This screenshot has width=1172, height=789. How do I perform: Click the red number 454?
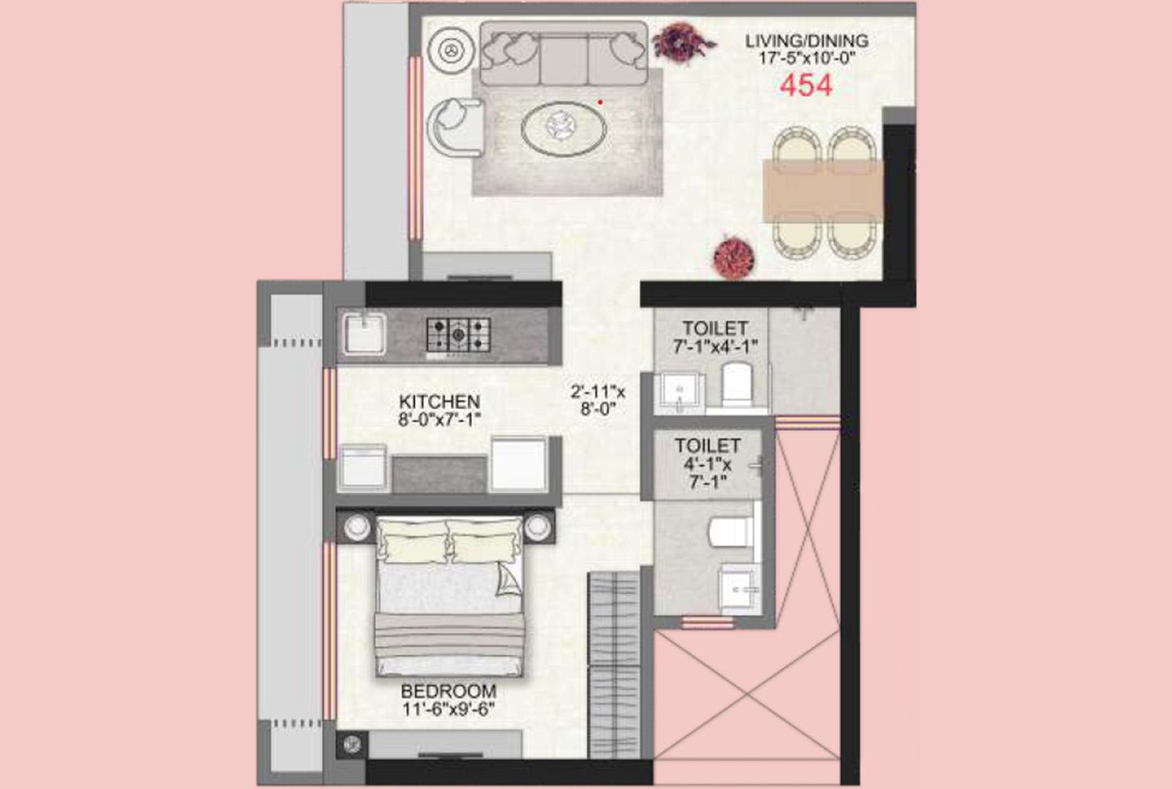[x=806, y=85]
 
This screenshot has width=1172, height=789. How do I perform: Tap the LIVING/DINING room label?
[x=807, y=41]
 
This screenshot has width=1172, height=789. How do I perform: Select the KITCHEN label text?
[x=439, y=402]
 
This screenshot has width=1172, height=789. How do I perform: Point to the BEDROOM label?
[x=448, y=691]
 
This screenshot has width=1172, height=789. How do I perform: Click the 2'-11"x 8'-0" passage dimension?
[x=598, y=401]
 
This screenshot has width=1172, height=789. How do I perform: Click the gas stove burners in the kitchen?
[x=458, y=333]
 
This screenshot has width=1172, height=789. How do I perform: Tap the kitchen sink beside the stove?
[x=364, y=333]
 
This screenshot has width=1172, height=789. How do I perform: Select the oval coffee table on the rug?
[x=563, y=127]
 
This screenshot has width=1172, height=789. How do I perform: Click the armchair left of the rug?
[x=454, y=127]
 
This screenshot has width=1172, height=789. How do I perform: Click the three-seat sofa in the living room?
[x=563, y=54]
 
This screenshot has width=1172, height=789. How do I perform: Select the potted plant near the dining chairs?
[x=734, y=257]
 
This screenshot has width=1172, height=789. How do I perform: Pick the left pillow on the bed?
[x=412, y=540]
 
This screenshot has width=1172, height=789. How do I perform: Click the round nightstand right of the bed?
[x=538, y=527]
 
